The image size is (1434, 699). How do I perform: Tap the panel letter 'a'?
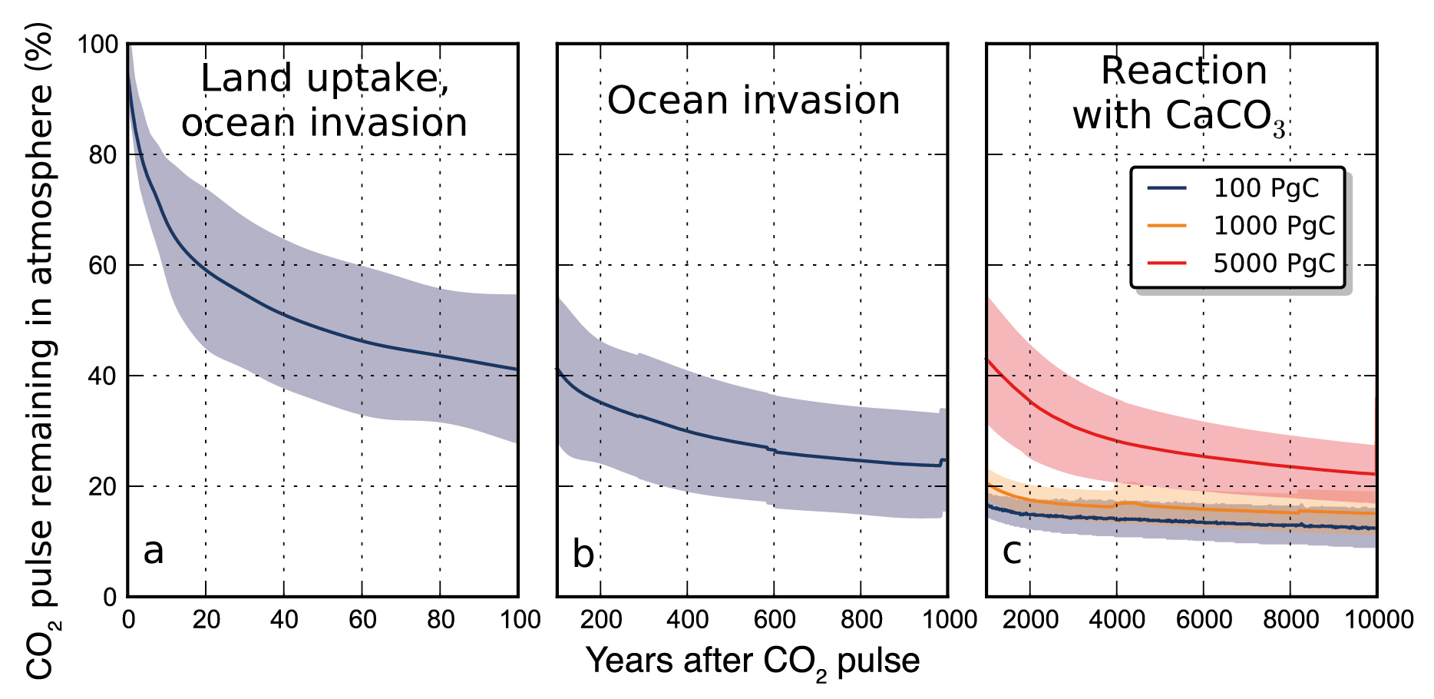(154, 551)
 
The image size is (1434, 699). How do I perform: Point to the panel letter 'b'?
(583, 554)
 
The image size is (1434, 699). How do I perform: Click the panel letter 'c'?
(1012, 551)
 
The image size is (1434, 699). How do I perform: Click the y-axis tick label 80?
(103, 155)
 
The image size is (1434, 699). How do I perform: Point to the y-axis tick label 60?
(103, 266)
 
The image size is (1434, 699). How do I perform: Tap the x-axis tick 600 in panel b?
(774, 619)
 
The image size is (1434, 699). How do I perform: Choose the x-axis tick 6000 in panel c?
(1204, 619)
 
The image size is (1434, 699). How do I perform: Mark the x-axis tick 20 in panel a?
(206, 619)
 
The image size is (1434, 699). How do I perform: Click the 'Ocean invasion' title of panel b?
(753, 101)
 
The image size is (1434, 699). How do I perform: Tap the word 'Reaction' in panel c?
(1184, 71)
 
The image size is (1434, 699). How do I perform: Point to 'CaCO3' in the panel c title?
(1225, 117)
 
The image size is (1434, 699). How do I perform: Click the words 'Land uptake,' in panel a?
(325, 78)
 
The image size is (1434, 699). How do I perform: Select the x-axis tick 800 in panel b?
(861, 619)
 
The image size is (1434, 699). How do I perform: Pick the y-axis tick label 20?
(103, 487)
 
